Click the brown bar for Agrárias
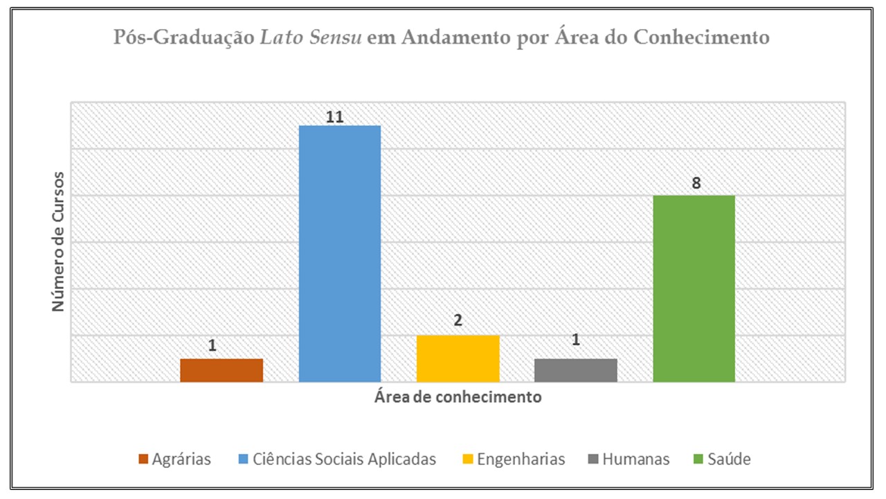tap(221, 370)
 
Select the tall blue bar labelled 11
tap(339, 254)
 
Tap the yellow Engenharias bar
tap(458, 358)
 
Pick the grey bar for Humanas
tap(575, 370)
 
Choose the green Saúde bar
tap(694, 288)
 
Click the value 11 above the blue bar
tap(335, 117)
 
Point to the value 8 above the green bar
tap(696, 184)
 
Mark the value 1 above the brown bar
tap(213, 345)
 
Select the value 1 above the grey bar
tap(575, 340)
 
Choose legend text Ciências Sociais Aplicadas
tap(344, 459)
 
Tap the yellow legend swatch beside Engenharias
tap(468, 459)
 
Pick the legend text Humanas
tap(635, 459)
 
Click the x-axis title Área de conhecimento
tap(458, 398)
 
